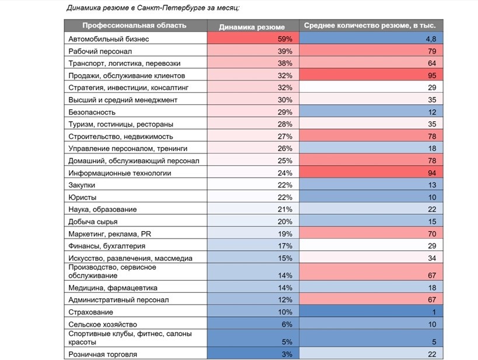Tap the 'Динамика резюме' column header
pos(252,27)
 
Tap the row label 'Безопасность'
pos(92,112)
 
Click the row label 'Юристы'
pos(82,197)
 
